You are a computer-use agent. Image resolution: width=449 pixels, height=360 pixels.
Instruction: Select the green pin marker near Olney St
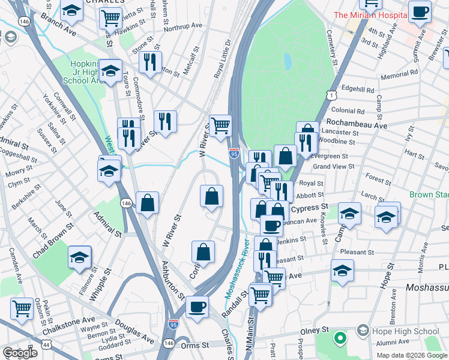point(340,339)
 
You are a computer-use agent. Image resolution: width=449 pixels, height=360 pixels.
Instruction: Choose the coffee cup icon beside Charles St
point(196,307)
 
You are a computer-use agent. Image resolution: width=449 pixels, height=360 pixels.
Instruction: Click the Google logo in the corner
point(20,353)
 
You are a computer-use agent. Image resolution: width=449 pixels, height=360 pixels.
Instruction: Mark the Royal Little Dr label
point(221,60)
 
